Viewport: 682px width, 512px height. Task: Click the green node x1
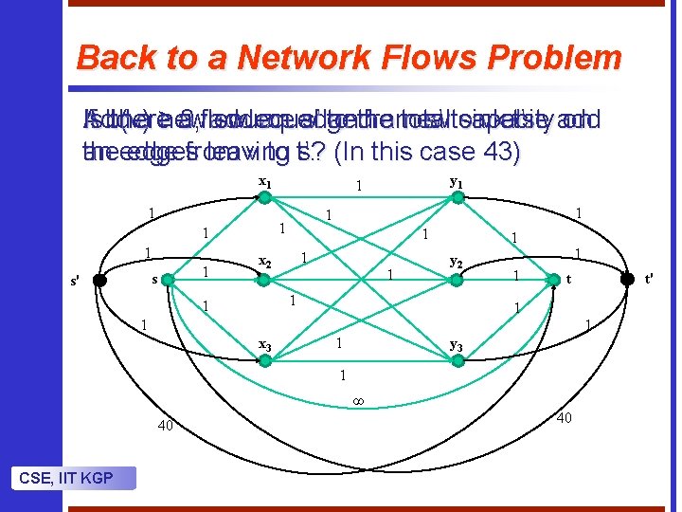pyautogui.click(x=266, y=197)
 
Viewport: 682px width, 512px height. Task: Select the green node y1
pyautogui.click(x=456, y=197)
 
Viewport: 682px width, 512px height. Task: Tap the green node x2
pyautogui.click(x=266, y=279)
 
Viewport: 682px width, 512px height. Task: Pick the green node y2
pyautogui.click(x=456, y=279)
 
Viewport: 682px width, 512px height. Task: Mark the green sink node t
pyautogui.click(x=554, y=279)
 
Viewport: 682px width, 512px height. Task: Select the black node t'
pyautogui.click(x=626, y=279)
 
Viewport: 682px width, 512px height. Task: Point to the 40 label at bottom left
pyautogui.click(x=166, y=426)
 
